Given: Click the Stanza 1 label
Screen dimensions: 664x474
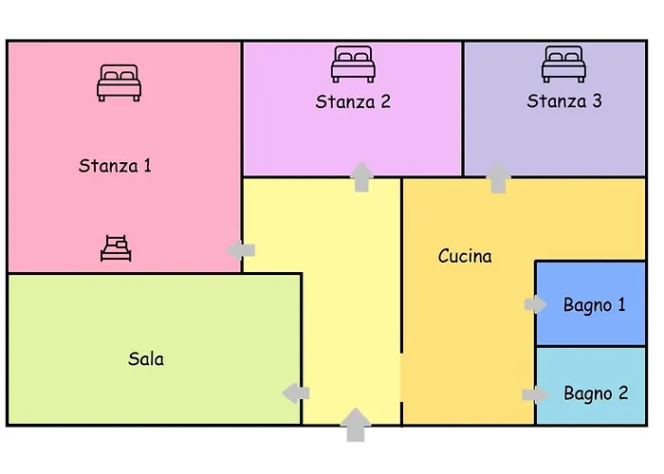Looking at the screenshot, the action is [115, 166].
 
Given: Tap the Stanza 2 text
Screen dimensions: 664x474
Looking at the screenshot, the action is [353, 102].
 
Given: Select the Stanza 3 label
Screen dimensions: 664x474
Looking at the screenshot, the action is [564, 101].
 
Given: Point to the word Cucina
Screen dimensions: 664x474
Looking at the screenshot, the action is [465, 256].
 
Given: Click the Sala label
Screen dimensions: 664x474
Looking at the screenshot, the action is [146, 359].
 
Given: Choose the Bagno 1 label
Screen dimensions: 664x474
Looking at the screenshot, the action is [594, 305].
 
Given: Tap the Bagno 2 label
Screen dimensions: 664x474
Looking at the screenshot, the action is [596, 393].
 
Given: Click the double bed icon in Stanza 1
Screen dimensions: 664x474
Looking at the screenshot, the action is [119, 83].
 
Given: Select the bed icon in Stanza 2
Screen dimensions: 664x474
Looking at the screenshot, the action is [353, 64].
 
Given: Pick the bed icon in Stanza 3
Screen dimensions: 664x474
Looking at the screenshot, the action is [564, 64].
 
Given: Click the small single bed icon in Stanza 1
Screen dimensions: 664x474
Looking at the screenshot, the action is [116, 248].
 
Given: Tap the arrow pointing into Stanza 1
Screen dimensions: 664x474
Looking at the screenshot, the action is [241, 250].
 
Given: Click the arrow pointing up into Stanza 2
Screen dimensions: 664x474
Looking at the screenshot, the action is [361, 177].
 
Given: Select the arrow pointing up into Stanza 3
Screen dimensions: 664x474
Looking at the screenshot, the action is [498, 178].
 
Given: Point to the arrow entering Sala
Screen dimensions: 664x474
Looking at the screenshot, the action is [296, 393].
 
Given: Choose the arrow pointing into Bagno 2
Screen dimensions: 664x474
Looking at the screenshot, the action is [536, 395].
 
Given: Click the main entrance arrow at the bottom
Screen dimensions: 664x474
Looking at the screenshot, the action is [356, 425].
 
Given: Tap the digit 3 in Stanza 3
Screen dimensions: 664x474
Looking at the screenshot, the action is [597, 101].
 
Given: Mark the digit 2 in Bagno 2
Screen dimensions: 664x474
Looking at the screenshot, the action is [623, 392].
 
